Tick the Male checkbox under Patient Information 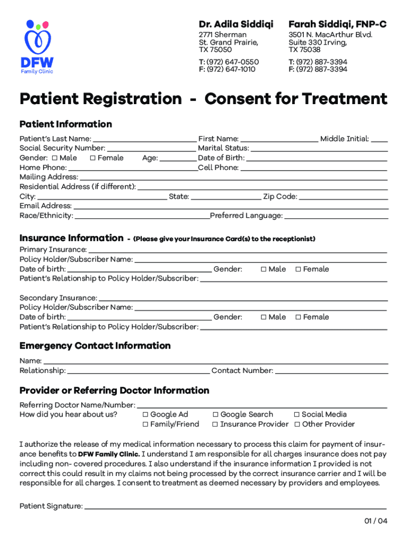[x=55, y=158]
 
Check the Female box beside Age [x=93, y=158]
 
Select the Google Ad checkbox [x=145, y=414]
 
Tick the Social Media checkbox [x=296, y=414]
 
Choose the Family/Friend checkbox [x=145, y=424]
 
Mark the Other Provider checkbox [x=296, y=424]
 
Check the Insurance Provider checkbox [x=215, y=424]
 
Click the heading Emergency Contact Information [x=95, y=346]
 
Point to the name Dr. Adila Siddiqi [x=236, y=24]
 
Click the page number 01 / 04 [x=376, y=521]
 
